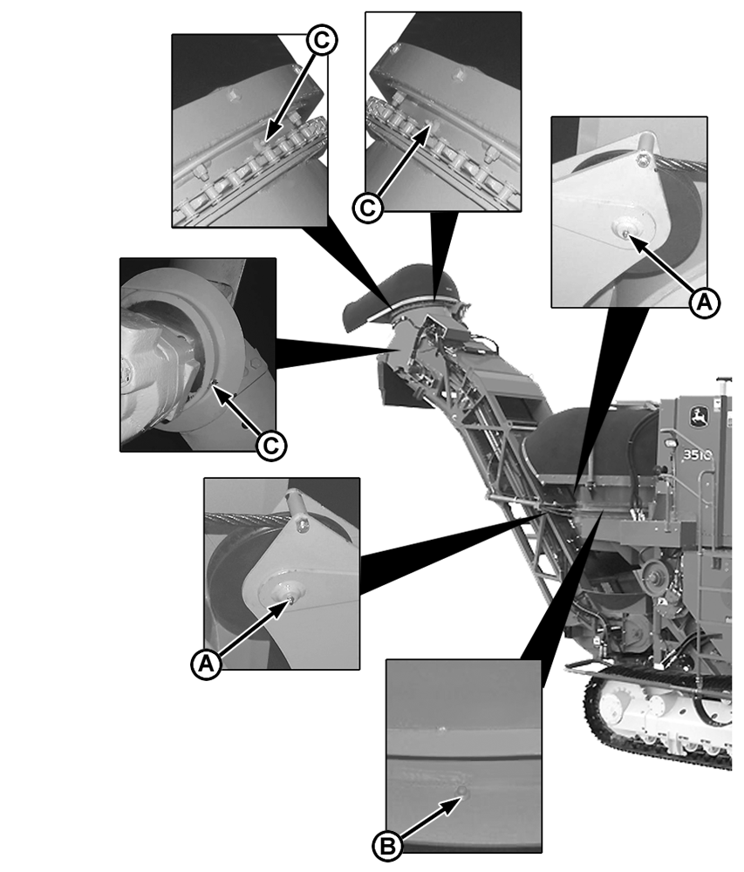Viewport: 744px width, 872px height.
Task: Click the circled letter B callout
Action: pyautogui.click(x=387, y=847)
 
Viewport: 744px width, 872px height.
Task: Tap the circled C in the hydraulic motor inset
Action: pyautogui.click(x=270, y=446)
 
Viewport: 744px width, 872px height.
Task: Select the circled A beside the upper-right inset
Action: pyautogui.click(x=704, y=303)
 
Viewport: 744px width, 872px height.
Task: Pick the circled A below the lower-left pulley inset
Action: pyautogui.click(x=207, y=664)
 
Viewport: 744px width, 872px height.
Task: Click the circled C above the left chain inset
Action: pyautogui.click(x=322, y=40)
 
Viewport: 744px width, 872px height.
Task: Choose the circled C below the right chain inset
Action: pyautogui.click(x=367, y=208)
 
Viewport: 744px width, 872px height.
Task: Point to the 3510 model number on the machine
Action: pyautogui.click(x=697, y=455)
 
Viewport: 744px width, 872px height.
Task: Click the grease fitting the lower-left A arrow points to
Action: pyautogui.click(x=290, y=600)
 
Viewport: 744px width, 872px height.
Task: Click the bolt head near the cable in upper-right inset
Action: pyautogui.click(x=642, y=160)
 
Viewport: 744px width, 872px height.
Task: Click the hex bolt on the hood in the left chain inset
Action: pyautogui.click(x=233, y=96)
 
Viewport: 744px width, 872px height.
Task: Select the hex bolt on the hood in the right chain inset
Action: pyautogui.click(x=458, y=74)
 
